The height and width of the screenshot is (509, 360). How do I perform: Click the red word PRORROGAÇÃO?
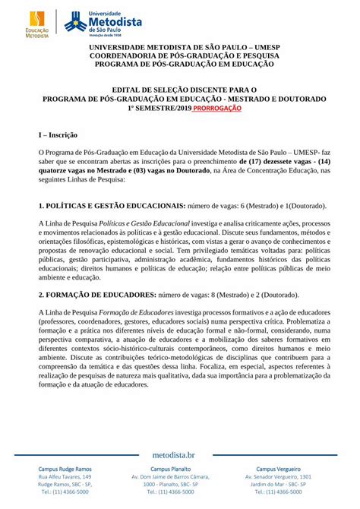click(216, 109)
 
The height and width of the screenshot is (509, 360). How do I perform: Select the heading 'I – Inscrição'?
click(58, 135)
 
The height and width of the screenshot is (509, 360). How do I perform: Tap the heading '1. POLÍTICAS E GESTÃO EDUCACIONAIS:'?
click(112, 206)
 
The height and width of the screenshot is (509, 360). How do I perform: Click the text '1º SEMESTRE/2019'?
click(158, 109)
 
